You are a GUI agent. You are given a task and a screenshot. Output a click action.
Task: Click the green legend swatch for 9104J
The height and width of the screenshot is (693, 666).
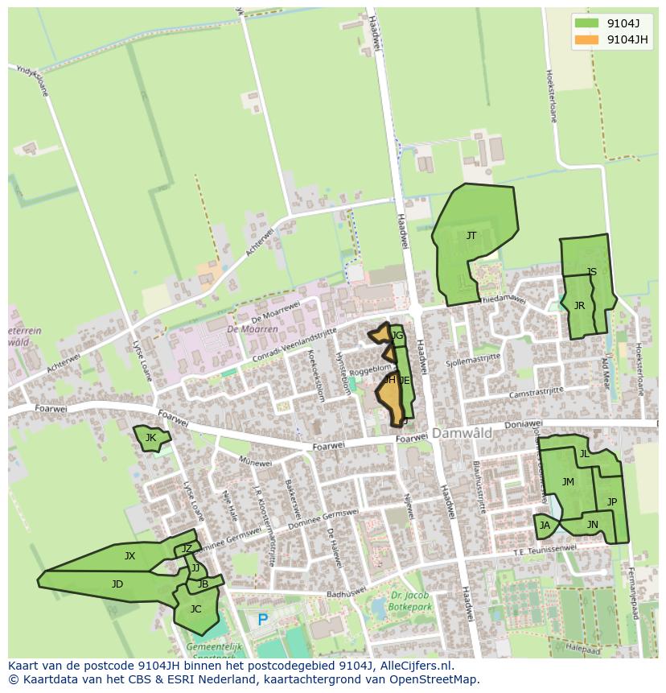click(x=586, y=23)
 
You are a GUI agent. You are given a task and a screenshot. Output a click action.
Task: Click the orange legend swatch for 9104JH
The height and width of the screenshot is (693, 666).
click(x=586, y=39)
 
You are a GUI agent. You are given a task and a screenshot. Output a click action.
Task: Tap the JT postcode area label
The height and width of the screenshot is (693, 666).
click(x=471, y=236)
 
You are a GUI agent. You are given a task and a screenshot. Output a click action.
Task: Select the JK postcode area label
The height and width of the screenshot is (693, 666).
click(x=150, y=438)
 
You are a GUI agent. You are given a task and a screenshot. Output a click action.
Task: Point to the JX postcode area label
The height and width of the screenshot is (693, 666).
click(x=129, y=556)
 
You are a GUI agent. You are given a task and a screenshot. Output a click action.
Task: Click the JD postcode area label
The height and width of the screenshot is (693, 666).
click(x=117, y=584)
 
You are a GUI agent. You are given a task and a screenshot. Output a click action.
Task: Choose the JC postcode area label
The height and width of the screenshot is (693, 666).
click(x=195, y=609)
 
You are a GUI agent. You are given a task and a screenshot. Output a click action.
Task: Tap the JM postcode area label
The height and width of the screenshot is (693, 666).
click(x=568, y=482)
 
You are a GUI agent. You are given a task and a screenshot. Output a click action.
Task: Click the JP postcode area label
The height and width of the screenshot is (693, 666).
click(x=612, y=502)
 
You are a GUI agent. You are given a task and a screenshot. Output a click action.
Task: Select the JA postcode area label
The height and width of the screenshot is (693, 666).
click(x=545, y=526)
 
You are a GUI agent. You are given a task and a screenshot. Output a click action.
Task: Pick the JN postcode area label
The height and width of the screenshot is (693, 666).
click(x=593, y=525)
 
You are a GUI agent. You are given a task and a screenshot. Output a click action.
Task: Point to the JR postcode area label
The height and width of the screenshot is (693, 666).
click(x=579, y=306)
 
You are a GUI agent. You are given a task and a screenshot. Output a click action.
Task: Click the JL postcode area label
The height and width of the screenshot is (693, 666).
click(x=585, y=454)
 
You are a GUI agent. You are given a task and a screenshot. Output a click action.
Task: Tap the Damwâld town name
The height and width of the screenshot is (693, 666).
click(x=462, y=433)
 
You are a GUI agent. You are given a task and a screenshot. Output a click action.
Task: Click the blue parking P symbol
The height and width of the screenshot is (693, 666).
click(x=262, y=621)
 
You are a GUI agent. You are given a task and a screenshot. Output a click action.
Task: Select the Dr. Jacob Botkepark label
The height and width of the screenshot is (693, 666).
click(x=406, y=601)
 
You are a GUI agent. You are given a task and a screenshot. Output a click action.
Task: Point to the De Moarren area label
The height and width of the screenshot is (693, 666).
click(x=252, y=329)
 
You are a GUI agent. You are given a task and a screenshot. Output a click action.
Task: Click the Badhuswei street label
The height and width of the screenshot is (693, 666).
click(x=347, y=594)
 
